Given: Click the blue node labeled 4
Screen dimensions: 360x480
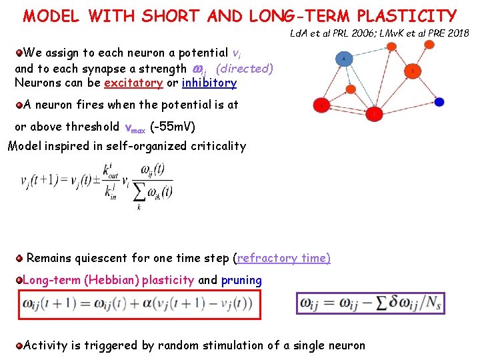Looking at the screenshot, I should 344,59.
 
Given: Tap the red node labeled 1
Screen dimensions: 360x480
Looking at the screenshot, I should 322,105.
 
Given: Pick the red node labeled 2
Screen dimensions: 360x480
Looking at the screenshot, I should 374,114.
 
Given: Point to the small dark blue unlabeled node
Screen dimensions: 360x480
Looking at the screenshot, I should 439,102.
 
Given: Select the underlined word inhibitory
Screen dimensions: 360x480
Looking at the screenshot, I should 209,83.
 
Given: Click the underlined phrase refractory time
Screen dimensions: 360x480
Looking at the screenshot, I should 283,258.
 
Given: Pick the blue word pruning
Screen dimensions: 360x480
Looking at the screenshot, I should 241,280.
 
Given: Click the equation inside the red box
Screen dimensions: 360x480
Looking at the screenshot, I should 139,305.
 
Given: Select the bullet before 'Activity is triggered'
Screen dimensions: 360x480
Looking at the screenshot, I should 19,345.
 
